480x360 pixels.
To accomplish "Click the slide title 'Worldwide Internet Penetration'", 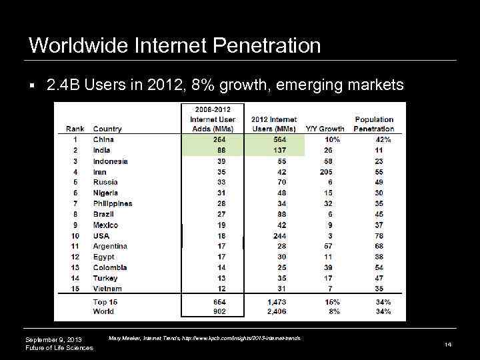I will pyautogui.click(x=175, y=45).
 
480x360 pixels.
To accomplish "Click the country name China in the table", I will pyautogui.click(x=103, y=139).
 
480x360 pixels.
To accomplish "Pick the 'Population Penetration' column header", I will pyautogui.click(x=373, y=124).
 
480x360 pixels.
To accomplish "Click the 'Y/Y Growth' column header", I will pyautogui.click(x=325, y=129).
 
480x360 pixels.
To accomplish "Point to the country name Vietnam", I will pyautogui.click(x=107, y=289).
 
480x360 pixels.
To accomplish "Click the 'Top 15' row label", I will pyautogui.click(x=105, y=302).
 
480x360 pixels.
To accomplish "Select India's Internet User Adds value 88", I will pyautogui.click(x=221, y=150).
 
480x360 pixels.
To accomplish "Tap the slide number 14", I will pyautogui.click(x=448, y=345).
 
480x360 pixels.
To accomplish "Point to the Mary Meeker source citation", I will pyautogui.click(x=204, y=339).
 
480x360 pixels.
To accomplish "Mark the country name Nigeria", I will pyautogui.click(x=106, y=193).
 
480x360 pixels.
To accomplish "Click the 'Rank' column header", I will pyautogui.click(x=75, y=129).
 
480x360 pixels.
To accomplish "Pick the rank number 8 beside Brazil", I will pyautogui.click(x=75, y=214).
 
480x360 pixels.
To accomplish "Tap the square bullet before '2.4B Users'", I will pyautogui.click(x=32, y=87).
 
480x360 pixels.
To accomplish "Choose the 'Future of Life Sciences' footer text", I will pyautogui.click(x=59, y=349).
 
